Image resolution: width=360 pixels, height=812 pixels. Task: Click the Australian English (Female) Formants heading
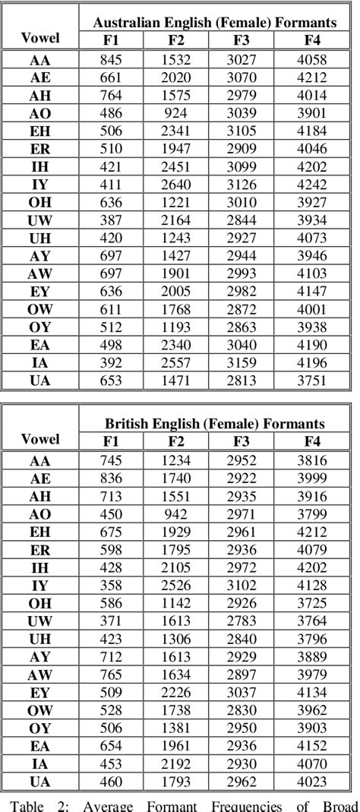click(215, 23)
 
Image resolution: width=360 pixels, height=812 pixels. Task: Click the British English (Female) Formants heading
click(215, 423)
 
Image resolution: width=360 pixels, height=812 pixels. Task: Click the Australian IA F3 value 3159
click(245, 365)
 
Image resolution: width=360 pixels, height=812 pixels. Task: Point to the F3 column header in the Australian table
click(245, 40)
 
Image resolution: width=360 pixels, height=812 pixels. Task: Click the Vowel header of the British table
click(40, 438)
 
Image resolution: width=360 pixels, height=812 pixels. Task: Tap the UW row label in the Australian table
click(40, 221)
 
